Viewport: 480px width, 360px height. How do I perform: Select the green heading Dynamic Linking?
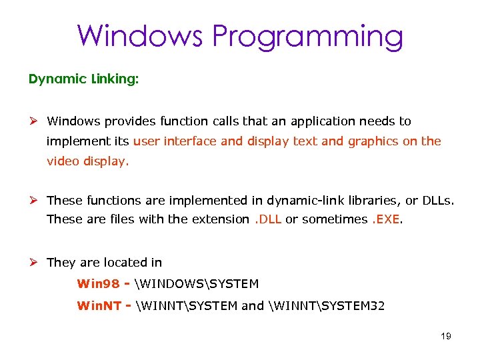[83, 79]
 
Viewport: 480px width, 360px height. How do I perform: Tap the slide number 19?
[446, 336]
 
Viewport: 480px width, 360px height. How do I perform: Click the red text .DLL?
[267, 219]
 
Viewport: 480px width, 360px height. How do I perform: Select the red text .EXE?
[386, 219]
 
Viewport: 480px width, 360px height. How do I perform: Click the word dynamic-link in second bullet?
[301, 199]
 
